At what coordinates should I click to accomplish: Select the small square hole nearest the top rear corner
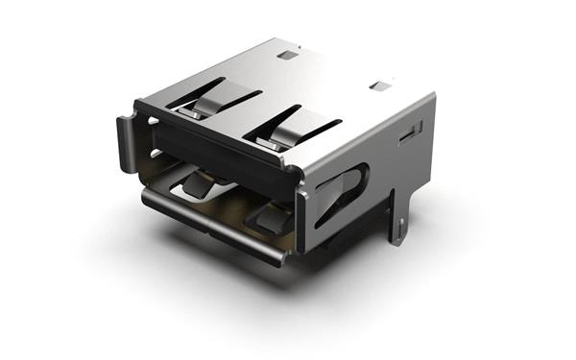[287, 55]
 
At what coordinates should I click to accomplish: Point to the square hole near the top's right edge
[380, 85]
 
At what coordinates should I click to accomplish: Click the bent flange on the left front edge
[125, 144]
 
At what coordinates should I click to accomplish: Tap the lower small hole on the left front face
[153, 153]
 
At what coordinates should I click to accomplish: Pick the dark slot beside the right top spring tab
[314, 127]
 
